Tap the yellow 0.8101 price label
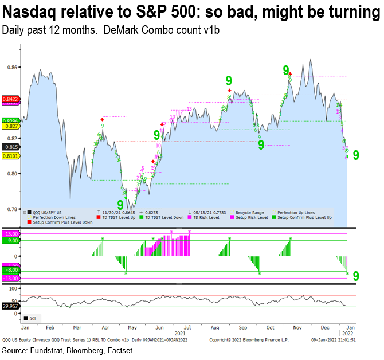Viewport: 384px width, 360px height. (x=10, y=155)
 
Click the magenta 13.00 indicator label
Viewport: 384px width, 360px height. (x=11, y=233)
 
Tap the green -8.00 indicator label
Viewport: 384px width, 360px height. (x=11, y=269)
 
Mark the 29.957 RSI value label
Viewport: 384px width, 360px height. (x=10, y=307)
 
